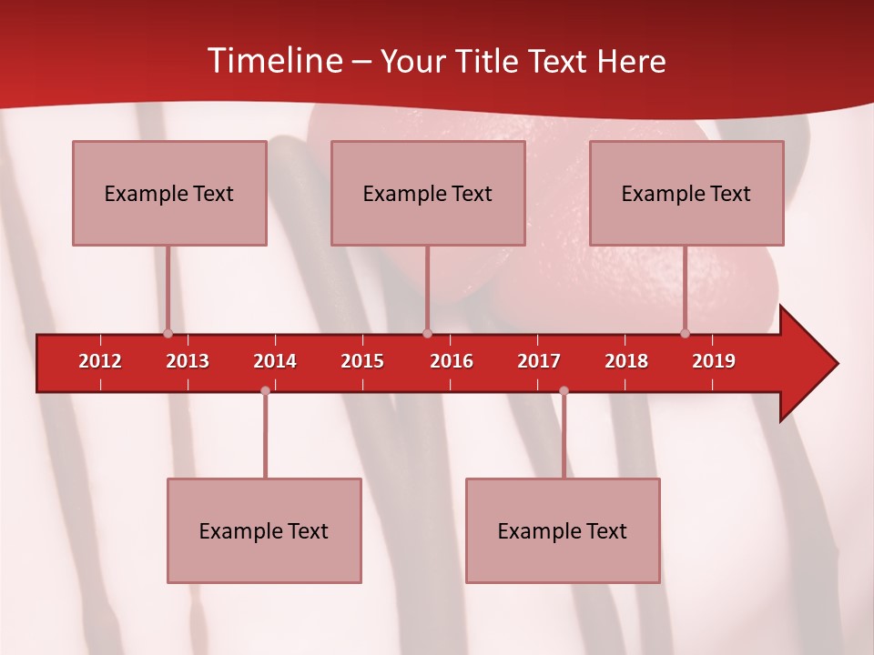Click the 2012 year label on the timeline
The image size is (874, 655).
pyautogui.click(x=100, y=361)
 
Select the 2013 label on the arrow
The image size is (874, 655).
pyautogui.click(x=188, y=361)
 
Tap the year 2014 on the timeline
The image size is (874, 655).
pyautogui.click(x=275, y=361)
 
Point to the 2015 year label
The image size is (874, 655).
pyautogui.click(x=362, y=361)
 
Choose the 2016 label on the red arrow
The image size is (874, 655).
pyautogui.click(x=452, y=361)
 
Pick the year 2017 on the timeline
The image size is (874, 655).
pyautogui.click(x=539, y=361)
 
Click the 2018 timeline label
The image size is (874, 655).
pyautogui.click(x=626, y=361)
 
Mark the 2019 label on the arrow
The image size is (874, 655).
pyautogui.click(x=714, y=361)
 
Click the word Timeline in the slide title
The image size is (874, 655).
pyautogui.click(x=274, y=61)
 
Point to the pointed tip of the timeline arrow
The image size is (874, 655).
pyautogui.click(x=836, y=364)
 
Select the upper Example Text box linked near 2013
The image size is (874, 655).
pyautogui.click(x=169, y=193)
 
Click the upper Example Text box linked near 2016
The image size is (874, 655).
pyautogui.click(x=428, y=193)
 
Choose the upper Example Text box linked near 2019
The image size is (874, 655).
pyautogui.click(x=686, y=193)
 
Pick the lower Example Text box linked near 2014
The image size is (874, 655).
pyautogui.click(x=264, y=530)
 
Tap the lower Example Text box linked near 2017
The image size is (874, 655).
pyautogui.click(x=563, y=530)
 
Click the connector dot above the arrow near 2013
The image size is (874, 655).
pyautogui.click(x=168, y=334)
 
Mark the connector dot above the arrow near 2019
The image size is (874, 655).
pyautogui.click(x=685, y=334)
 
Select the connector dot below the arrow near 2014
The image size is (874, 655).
pyautogui.click(x=265, y=391)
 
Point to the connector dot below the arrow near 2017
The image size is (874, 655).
pyautogui.click(x=564, y=391)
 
